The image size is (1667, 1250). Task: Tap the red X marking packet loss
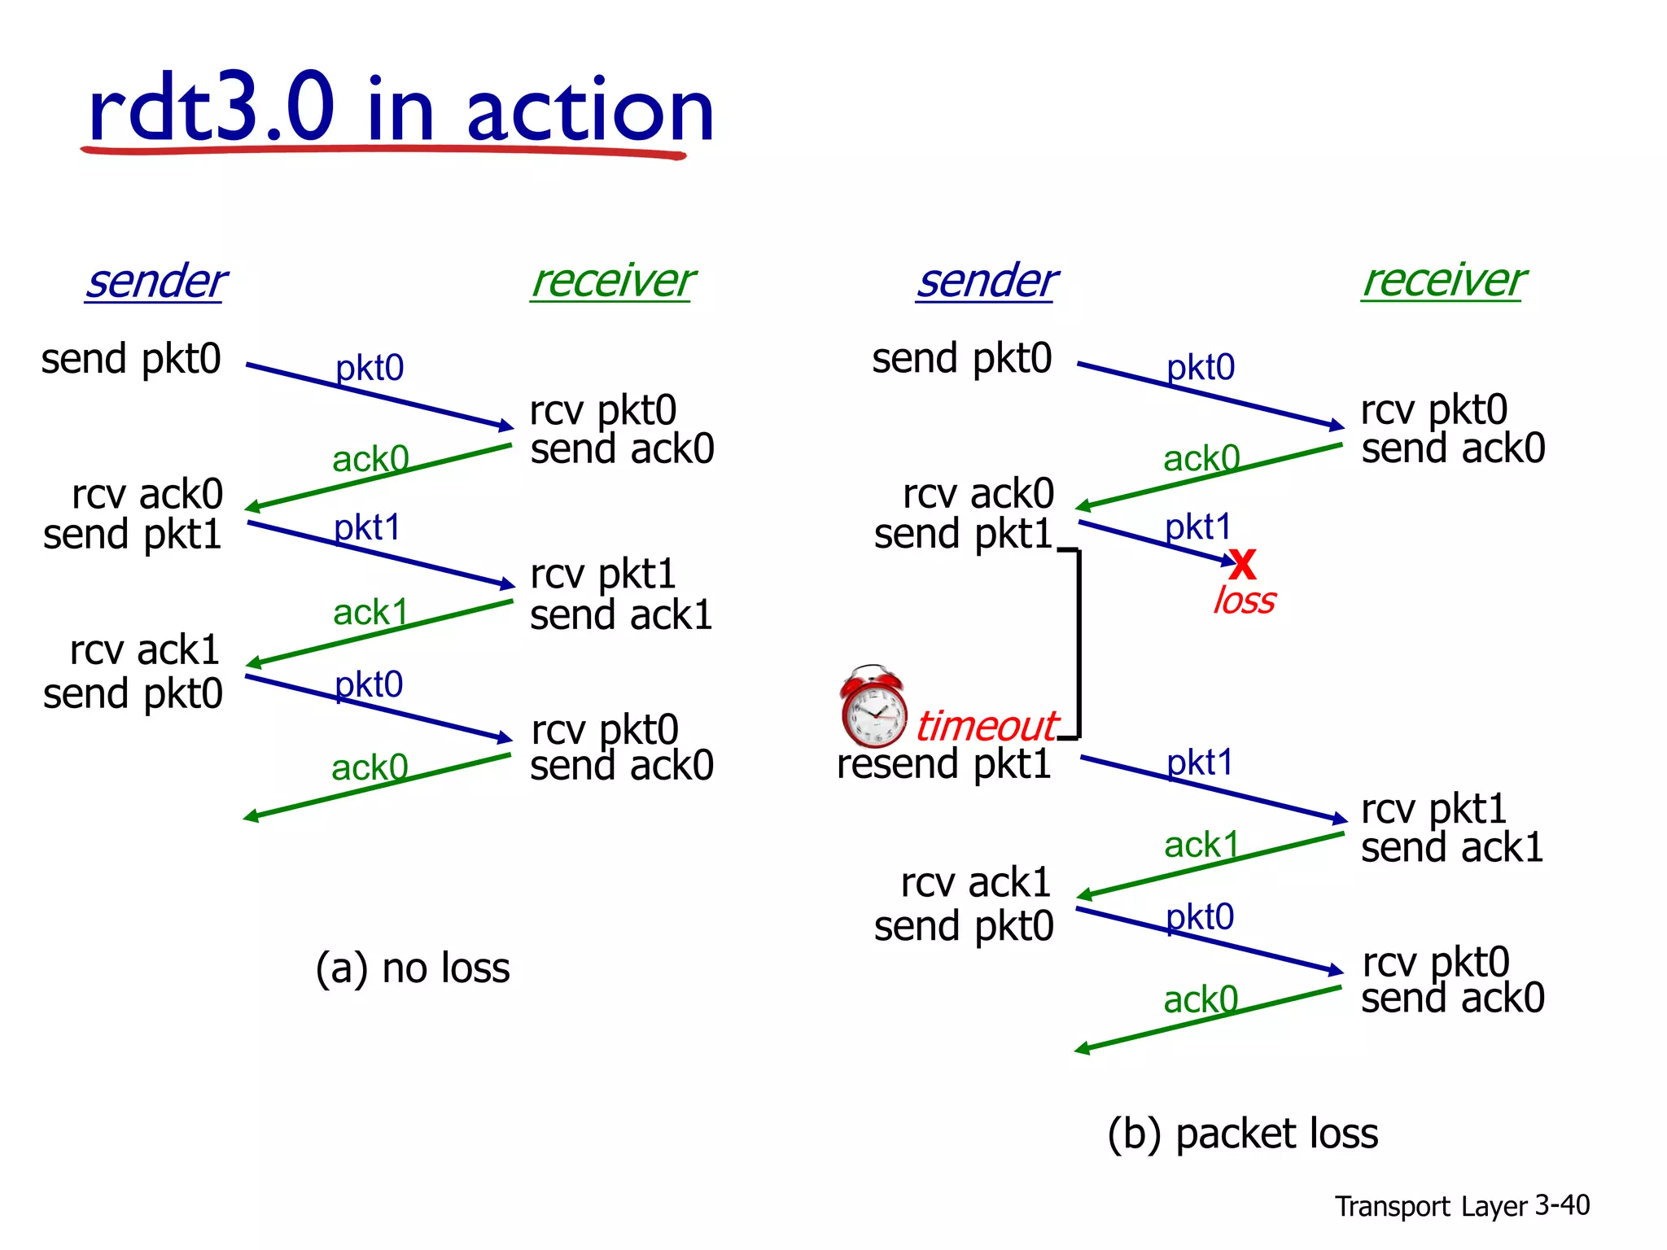1243,563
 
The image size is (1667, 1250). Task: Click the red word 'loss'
1244,601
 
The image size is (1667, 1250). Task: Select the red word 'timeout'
986,726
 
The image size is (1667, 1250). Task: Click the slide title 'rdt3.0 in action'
400,109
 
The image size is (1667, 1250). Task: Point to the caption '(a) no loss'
413,968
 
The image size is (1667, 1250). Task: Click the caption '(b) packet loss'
1242,1134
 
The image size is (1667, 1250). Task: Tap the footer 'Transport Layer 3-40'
1461,1205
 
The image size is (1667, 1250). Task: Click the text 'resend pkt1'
943,764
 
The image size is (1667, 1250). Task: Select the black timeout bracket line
1079,643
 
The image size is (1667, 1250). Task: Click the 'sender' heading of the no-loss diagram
155,282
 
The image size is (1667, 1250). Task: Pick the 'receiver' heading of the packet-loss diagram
1443,281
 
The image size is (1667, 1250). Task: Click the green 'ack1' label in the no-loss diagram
370,612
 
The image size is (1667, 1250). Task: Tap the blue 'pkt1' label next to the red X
1197,527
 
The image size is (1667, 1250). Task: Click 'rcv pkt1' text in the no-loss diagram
602,575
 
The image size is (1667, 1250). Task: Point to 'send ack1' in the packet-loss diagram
1451,848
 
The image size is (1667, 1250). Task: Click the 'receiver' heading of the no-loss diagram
612,282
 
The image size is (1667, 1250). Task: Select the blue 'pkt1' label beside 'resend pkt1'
1199,763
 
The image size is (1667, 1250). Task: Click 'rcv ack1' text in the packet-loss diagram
975,883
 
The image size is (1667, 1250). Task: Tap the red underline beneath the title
383,150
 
